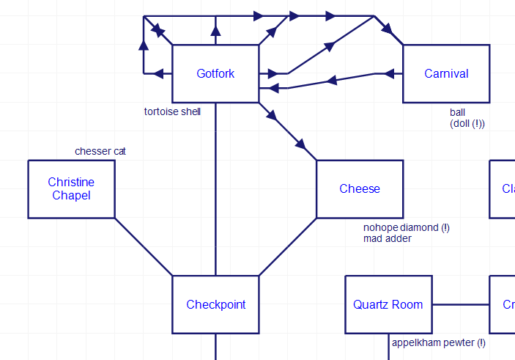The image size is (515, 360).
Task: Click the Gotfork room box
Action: pos(215,73)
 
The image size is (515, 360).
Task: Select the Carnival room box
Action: pos(446,73)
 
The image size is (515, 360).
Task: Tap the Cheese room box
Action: pos(360,188)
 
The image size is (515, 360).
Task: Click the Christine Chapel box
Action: pos(71,188)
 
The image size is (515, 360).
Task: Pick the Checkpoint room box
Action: pos(215,304)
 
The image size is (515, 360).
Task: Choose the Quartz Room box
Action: pos(388,304)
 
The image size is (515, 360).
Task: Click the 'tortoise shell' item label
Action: pos(172,111)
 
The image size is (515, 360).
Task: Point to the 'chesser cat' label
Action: pos(100,151)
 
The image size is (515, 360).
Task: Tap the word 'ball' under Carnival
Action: pos(457,113)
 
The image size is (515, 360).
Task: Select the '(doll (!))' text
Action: pos(467,124)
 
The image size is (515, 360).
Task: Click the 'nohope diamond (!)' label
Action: pos(406,227)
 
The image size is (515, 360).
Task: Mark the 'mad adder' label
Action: pos(388,238)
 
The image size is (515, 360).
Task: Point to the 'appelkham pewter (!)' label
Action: pos(438,342)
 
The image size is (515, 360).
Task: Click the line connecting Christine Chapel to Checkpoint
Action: pos(144,247)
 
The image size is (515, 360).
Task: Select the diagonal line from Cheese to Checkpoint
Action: pos(287,247)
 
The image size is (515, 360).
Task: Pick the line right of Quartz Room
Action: pos(461,304)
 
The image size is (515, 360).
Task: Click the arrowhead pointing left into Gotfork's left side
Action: pos(159,73)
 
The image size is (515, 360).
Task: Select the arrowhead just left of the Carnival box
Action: pos(388,73)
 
